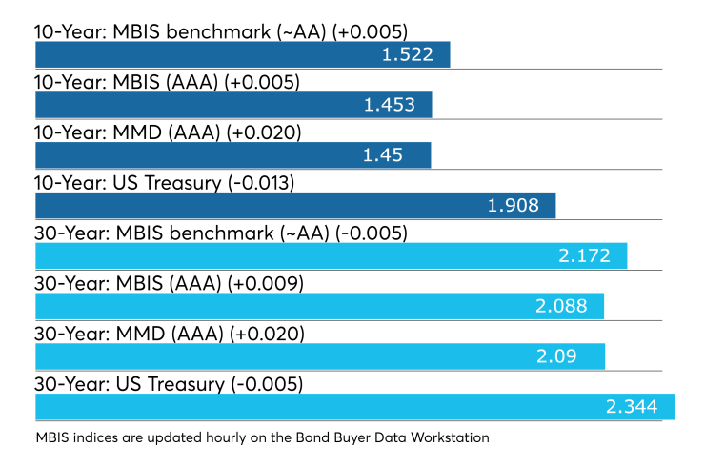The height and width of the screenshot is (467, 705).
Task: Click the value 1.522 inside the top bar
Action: pos(408,54)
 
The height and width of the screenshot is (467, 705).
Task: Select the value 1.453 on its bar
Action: pos(390,105)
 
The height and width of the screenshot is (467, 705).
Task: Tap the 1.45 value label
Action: pos(383,155)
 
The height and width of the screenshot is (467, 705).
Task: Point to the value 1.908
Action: pos(513,206)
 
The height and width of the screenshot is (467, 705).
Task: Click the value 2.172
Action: pos(585,256)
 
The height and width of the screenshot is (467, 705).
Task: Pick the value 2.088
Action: pos(561,306)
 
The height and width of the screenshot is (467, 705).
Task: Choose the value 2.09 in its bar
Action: pos(556,356)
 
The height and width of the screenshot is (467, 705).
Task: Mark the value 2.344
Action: pos(632,407)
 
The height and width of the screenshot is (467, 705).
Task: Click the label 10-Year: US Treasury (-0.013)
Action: pos(165,183)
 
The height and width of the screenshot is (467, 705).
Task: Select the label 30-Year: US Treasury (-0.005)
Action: pos(169,384)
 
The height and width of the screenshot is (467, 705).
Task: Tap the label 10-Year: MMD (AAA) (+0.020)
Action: pos(168,132)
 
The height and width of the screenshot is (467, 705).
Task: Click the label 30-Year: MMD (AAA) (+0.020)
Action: pos(170,334)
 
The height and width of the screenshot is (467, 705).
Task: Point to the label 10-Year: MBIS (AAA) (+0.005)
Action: pos(167,82)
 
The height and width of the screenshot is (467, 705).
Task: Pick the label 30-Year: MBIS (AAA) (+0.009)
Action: pos(169,283)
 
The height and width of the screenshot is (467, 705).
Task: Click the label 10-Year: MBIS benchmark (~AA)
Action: pos(180,32)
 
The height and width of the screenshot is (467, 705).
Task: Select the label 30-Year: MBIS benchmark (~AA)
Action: pos(182,233)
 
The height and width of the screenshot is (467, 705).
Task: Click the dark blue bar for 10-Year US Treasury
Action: pos(295,206)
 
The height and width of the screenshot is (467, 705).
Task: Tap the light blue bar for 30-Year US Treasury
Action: pos(354,407)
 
